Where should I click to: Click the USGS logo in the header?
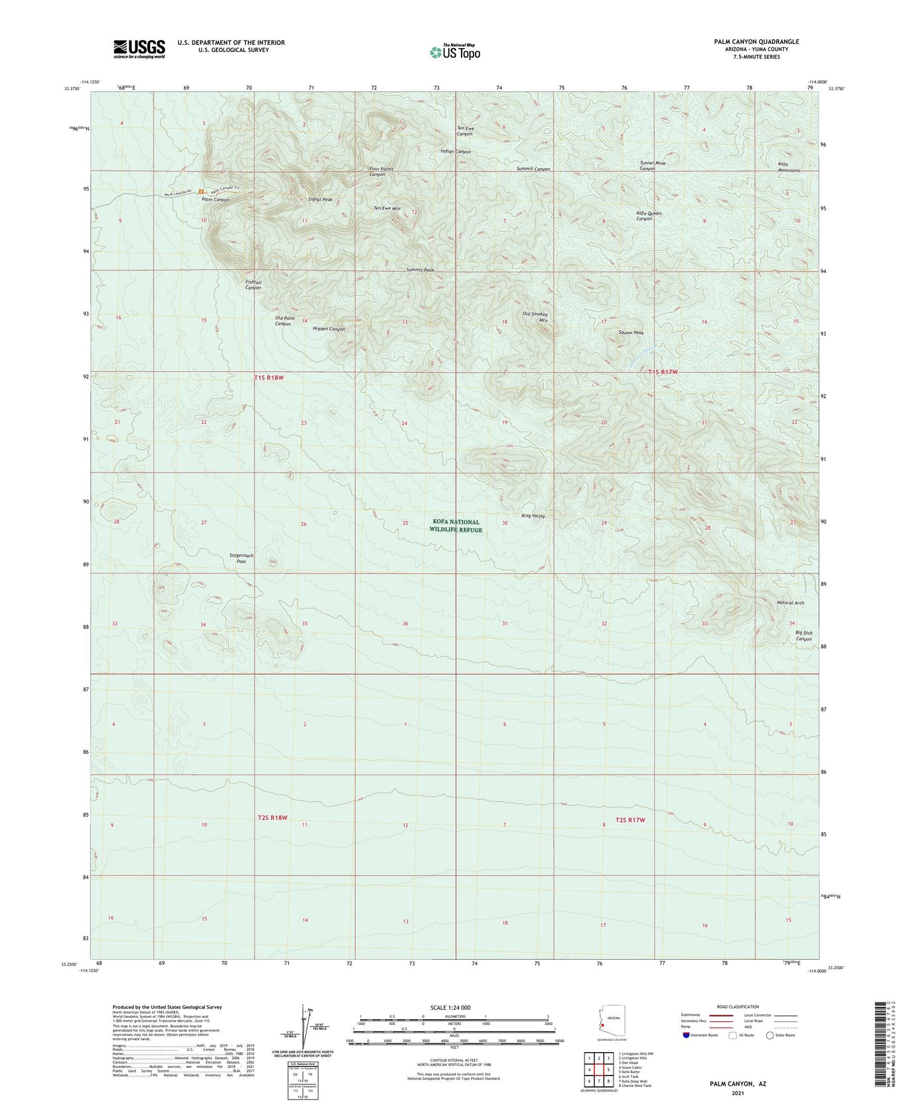139,49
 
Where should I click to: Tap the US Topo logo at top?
454,52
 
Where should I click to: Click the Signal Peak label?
320,200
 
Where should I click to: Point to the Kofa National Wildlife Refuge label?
455,526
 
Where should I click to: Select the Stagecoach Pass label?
241,558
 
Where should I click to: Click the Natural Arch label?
790,603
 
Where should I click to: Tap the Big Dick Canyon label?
804,636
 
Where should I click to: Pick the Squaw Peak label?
631,333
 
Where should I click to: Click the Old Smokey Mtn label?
535,317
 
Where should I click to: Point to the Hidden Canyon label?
329,329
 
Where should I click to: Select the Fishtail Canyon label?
253,284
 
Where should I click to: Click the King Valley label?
533,516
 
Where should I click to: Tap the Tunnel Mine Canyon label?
652,166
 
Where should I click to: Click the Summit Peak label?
420,270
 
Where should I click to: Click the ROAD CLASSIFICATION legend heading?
738,1007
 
